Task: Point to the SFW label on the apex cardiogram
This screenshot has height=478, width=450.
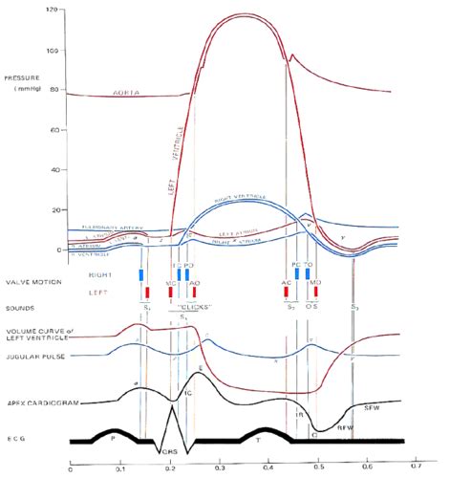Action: click(374, 408)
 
